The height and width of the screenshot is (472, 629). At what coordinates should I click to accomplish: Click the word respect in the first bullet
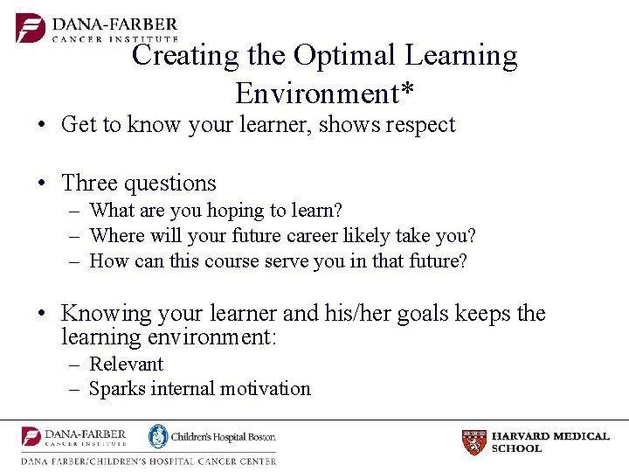[418, 125]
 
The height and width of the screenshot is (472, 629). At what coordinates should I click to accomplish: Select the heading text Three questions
[139, 184]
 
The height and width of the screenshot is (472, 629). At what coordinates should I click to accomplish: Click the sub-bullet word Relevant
[127, 364]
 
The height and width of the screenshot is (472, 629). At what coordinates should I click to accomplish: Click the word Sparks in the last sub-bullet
[118, 389]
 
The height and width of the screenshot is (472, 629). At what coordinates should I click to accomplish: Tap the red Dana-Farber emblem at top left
[30, 28]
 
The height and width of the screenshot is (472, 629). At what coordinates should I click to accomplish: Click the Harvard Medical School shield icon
[473, 442]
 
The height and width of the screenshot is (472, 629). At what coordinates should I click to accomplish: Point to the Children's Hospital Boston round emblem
[158, 436]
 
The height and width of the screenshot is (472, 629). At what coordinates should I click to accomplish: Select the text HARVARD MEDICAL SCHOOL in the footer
[550, 442]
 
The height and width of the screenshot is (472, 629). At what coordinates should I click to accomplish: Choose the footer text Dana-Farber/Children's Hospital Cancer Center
[149, 461]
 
